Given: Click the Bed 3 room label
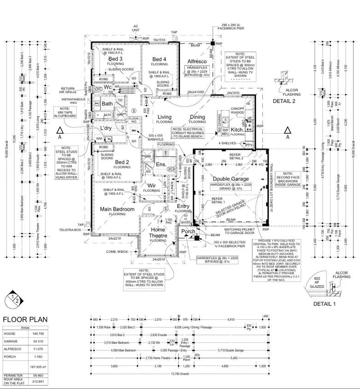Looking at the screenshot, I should [x=115, y=59].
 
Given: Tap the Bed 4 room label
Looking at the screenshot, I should [x=159, y=59].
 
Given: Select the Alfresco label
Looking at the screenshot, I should [x=197, y=61].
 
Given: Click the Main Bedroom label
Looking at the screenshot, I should [x=117, y=209].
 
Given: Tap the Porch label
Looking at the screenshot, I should [x=188, y=231].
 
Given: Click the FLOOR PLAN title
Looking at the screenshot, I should [x=25, y=319].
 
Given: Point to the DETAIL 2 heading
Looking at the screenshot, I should [x=284, y=101].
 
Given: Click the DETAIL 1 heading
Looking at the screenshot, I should [x=325, y=305].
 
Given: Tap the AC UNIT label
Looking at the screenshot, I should [x=136, y=28].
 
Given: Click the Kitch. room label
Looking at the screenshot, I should [x=237, y=130].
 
